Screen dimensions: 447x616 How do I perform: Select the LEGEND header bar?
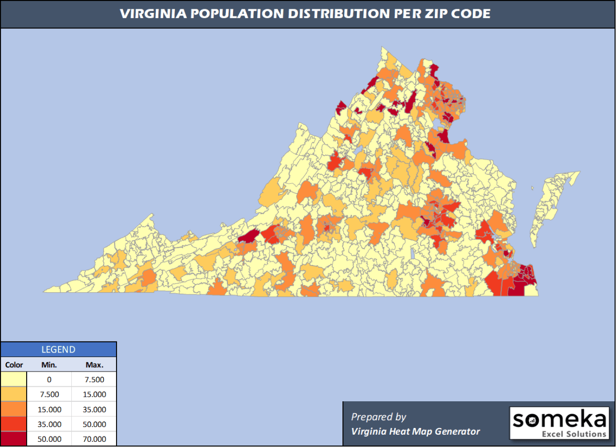click(58, 350)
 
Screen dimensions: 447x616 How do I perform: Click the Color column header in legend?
click(14, 365)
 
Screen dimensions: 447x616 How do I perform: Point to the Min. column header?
click(49, 365)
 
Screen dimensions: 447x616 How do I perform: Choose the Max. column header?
click(94, 365)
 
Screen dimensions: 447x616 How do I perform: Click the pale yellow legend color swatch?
click(14, 380)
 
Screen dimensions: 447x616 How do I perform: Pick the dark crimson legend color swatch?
click(14, 439)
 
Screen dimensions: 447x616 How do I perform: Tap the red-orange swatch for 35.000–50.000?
click(14, 424)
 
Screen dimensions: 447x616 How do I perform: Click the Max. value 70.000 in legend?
click(94, 439)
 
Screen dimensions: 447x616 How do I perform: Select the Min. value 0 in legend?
click(49, 380)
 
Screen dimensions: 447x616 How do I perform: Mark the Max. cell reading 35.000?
click(94, 409)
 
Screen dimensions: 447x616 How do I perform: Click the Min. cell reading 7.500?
click(49, 395)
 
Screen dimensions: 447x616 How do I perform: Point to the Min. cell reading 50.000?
click(49, 439)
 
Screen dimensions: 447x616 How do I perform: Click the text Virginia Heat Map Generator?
click(415, 431)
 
